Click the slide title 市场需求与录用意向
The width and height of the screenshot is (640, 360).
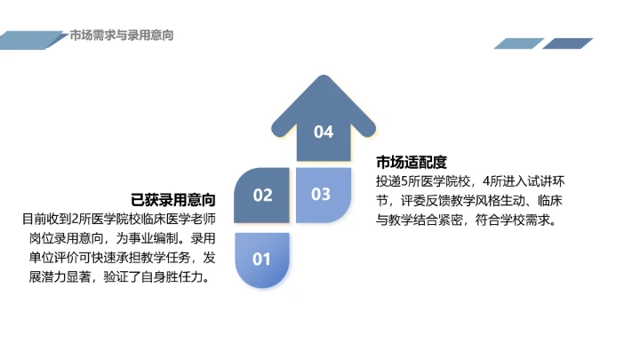tap(121, 36)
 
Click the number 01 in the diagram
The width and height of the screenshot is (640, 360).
tap(260, 260)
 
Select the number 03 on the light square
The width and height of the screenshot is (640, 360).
tap(321, 194)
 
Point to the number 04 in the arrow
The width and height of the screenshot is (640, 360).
tap(324, 132)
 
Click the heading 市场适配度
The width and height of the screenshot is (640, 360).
tap(411, 162)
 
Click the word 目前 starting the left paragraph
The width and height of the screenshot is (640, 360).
tap(32, 218)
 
